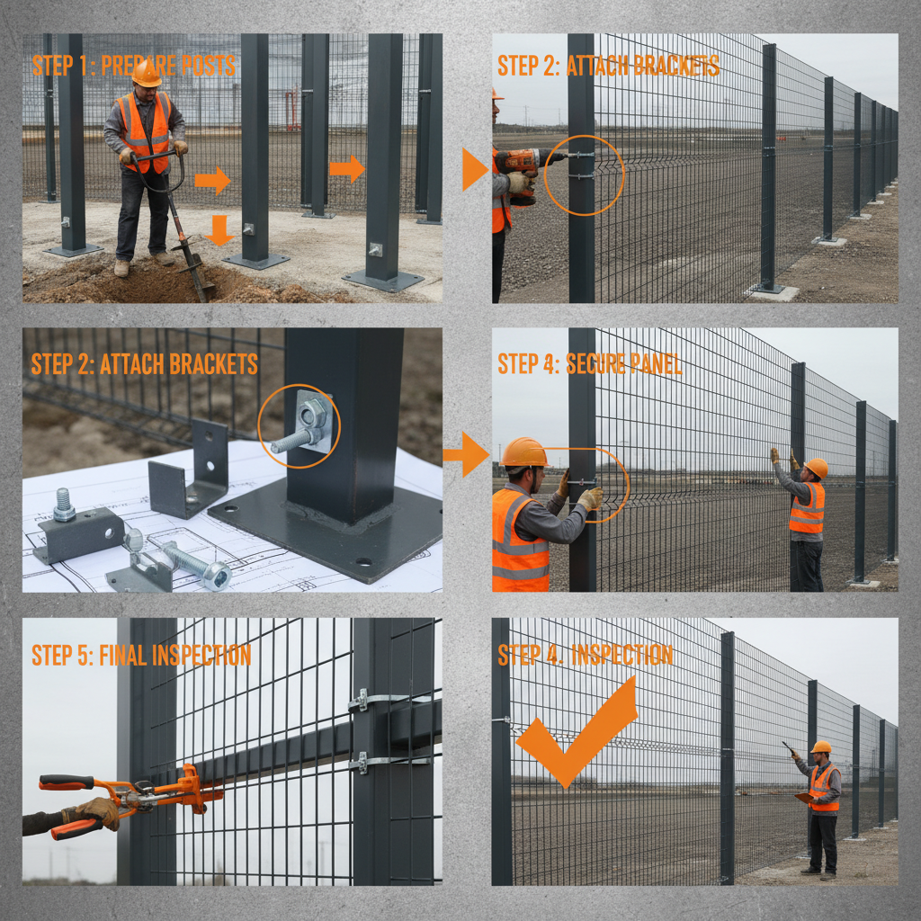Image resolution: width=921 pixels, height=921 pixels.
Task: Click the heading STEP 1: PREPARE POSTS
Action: [134, 66]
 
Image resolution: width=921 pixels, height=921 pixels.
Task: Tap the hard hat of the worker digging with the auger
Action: [147, 75]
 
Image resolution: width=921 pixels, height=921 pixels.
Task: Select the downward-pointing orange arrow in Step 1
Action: [219, 230]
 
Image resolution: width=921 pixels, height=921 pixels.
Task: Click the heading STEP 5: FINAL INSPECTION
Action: [141, 655]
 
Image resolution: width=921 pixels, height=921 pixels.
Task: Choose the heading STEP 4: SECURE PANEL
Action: [589, 363]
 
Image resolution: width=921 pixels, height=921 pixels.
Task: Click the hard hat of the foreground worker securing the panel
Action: [523, 452]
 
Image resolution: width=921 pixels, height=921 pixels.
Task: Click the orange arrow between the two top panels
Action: [475, 169]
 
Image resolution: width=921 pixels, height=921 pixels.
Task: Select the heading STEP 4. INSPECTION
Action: [586, 655]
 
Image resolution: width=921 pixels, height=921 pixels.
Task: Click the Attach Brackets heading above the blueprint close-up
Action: [144, 363]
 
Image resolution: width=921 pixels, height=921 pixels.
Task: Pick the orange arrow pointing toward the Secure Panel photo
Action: [467, 454]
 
